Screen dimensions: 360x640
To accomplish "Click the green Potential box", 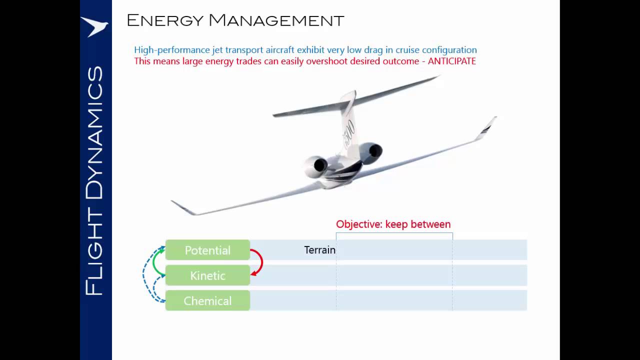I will click(207, 250).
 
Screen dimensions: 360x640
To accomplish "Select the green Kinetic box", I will click(207, 275).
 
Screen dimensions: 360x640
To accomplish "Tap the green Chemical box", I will click(207, 301).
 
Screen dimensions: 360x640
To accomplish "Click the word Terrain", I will click(319, 250).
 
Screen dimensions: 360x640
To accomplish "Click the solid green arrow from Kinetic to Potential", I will click(155, 262).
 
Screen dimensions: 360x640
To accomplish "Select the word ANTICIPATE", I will click(451, 61).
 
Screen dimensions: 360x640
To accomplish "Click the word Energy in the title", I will click(164, 20).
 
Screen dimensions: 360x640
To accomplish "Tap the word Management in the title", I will click(276, 20).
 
